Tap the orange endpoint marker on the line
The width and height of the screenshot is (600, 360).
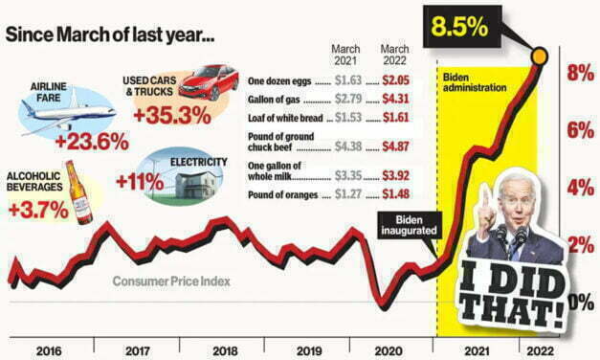click(x=541, y=56)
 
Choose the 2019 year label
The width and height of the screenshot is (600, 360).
click(x=303, y=349)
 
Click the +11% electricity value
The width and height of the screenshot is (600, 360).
click(x=135, y=182)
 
